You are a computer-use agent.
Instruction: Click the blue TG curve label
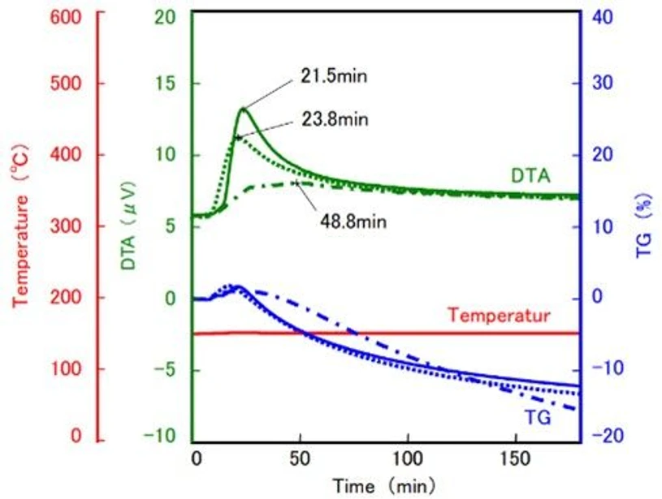(x=534, y=418)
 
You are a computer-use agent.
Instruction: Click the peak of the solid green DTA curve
(x=241, y=108)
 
